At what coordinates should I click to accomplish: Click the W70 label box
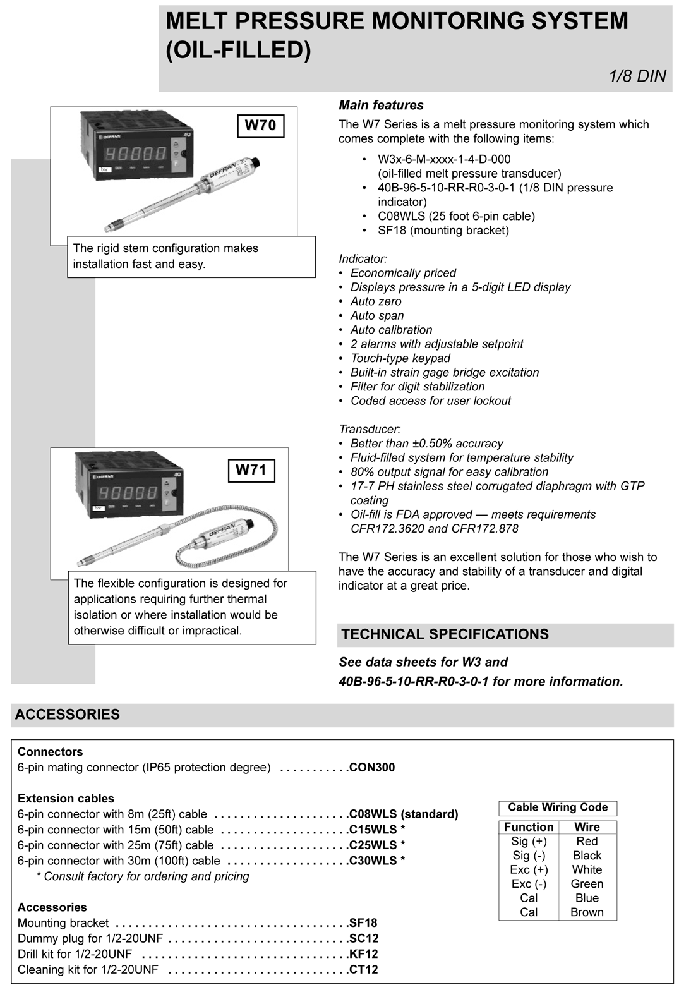[260, 125]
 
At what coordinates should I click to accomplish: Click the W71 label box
[251, 470]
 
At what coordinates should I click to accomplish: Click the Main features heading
[381, 106]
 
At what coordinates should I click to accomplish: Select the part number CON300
[372, 768]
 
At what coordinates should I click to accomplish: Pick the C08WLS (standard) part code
[404, 814]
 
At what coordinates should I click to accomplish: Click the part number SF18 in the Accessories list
[363, 923]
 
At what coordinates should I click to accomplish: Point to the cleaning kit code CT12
[364, 970]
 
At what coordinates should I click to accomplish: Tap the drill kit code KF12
[364, 954]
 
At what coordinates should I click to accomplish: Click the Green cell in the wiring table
[587, 884]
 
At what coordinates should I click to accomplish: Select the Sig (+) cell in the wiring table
[529, 842]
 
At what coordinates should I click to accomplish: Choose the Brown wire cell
[587, 912]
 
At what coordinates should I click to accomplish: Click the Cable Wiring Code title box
[558, 807]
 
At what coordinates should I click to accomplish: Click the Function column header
[529, 827]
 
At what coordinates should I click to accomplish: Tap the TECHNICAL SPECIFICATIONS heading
[445, 634]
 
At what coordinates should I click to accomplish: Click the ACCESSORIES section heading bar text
[68, 715]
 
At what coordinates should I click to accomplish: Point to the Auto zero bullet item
[376, 302]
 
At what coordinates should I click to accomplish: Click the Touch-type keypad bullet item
[400, 359]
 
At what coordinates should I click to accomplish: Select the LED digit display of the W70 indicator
[135, 154]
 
